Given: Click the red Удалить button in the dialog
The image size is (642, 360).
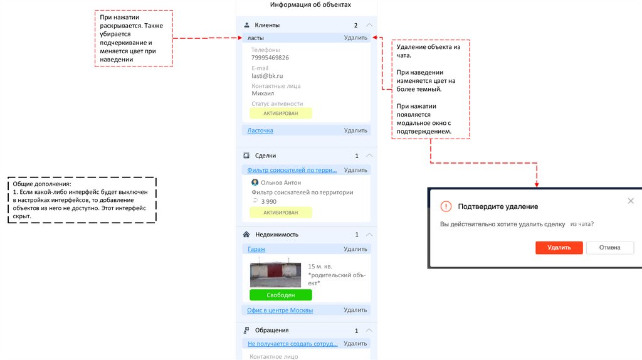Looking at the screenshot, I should point(559,248).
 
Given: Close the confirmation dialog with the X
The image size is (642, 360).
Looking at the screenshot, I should point(631,201).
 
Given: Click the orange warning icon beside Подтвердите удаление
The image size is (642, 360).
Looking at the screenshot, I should point(446,206).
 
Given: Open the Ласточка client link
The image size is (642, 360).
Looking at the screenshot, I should point(260,130).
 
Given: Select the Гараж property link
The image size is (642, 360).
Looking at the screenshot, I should point(256,249).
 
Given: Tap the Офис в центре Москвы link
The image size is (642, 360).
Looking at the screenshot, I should point(280,310).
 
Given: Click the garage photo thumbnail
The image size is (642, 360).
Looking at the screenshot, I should point(275,275).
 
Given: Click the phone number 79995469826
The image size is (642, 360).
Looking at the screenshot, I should point(270,58).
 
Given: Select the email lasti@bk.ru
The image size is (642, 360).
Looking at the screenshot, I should point(268,75).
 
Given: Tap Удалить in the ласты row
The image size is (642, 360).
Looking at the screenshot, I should point(355,38).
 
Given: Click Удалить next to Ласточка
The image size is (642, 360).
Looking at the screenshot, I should point(355,130).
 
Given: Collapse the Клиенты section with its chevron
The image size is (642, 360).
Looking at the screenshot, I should point(369,25).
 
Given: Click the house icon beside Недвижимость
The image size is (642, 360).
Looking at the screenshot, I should point(246,235).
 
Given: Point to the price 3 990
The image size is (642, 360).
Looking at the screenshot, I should point(268,201).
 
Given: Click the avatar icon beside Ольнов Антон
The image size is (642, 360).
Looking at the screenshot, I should point(255,183).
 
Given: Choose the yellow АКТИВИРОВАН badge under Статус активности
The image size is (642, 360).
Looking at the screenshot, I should point(280,114).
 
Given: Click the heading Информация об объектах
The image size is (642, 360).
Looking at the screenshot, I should point(310,5).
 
